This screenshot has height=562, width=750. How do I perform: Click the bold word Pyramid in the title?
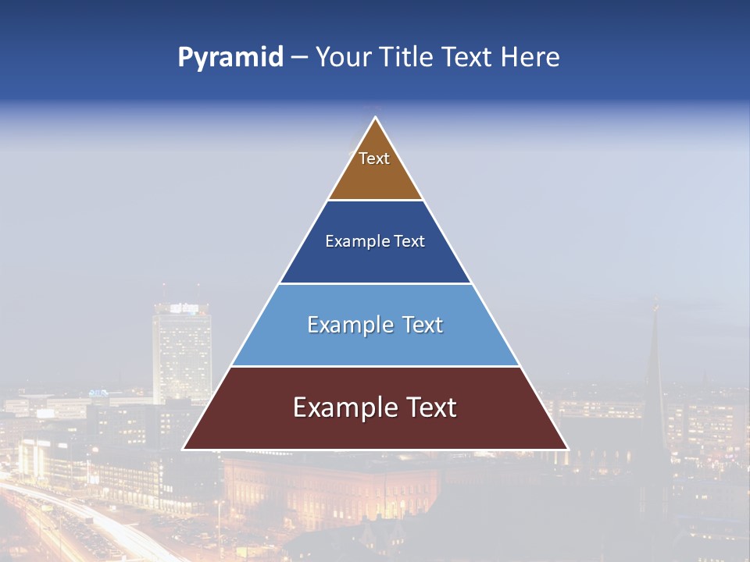[x=230, y=58]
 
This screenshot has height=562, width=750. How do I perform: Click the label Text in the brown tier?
[x=374, y=158]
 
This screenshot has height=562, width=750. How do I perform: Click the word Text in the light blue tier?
[x=417, y=325]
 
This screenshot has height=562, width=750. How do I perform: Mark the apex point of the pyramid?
[x=376, y=118]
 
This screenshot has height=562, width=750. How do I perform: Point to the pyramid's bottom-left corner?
[x=184, y=449]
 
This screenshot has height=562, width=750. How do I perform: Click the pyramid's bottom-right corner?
[x=568, y=449]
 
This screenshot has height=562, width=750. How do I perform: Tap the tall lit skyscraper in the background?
[x=181, y=351]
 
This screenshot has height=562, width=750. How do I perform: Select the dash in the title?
[x=298, y=58]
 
